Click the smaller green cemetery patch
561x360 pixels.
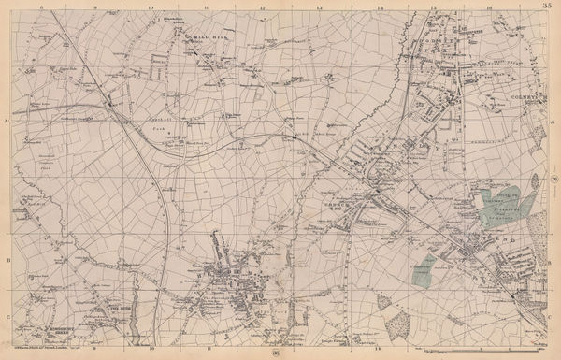pos(425,269)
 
